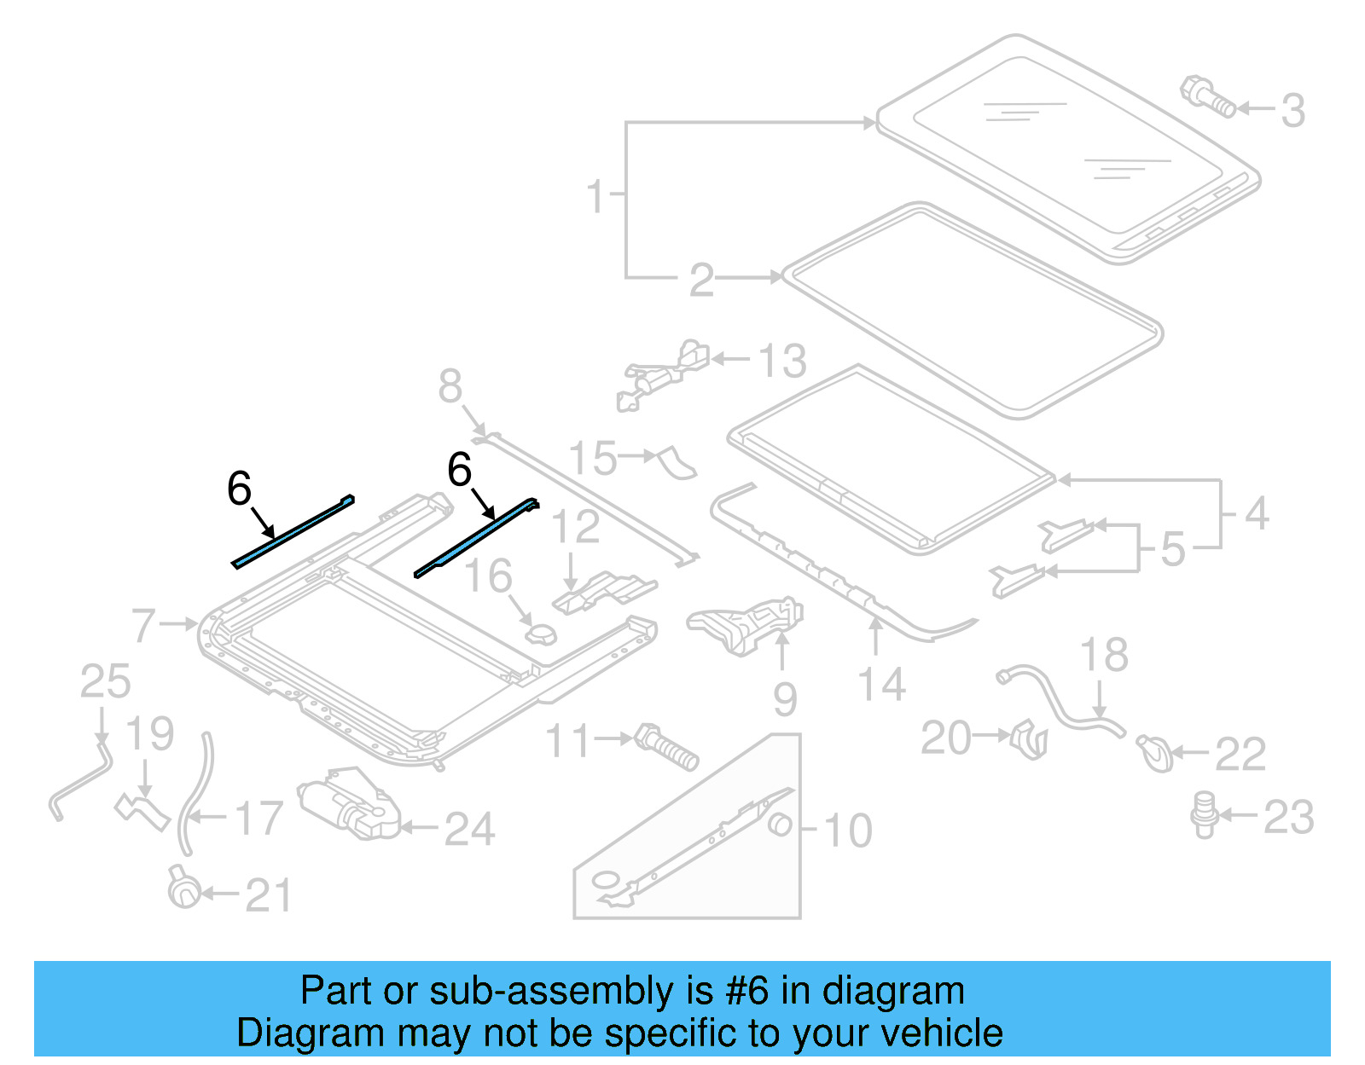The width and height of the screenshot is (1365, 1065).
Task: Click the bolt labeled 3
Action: coord(1207,96)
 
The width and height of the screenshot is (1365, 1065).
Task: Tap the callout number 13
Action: coord(782,361)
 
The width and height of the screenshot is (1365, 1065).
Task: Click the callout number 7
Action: coord(144,625)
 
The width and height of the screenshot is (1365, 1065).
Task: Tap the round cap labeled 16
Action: coord(540,635)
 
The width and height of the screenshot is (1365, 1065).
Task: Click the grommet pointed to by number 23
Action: coord(1204,813)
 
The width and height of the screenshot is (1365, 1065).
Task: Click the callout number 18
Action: coord(1104,655)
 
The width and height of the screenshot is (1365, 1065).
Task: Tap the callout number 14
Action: coord(881,685)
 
